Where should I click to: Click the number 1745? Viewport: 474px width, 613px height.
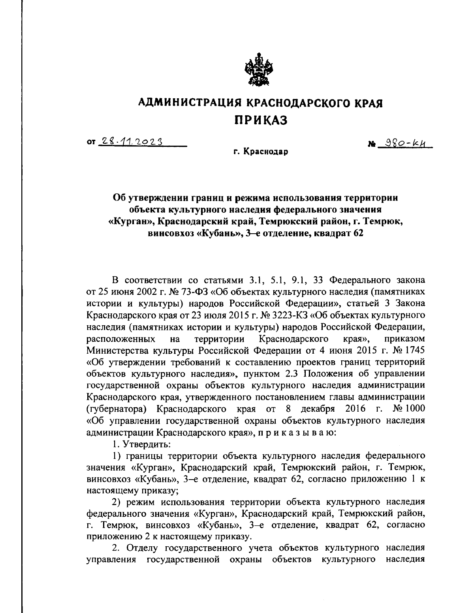coord(414,350)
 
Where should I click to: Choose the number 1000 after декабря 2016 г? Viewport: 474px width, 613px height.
coord(414,408)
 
